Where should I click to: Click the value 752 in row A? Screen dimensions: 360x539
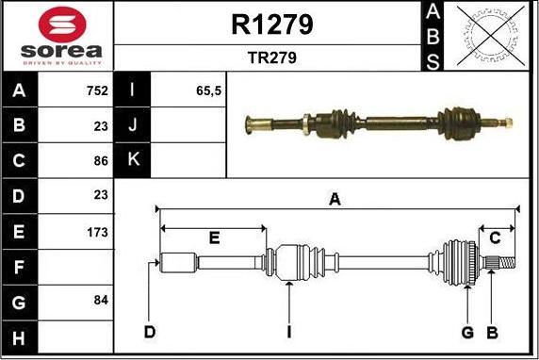pyautogui.click(x=95, y=92)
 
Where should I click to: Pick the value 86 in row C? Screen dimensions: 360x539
pyautogui.click(x=98, y=160)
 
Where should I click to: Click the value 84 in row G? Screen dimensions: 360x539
pyautogui.click(x=98, y=300)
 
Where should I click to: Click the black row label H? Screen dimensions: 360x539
pyautogui.click(x=20, y=336)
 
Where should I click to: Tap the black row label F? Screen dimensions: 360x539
pyautogui.click(x=20, y=267)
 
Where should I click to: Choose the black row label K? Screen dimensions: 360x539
pyautogui.click(x=131, y=160)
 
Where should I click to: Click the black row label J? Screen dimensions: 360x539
pyautogui.click(x=131, y=125)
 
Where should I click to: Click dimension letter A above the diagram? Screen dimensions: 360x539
pyautogui.click(x=334, y=199)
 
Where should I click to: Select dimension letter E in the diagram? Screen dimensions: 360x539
pyautogui.click(x=214, y=237)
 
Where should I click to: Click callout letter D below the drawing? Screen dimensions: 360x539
pyautogui.click(x=149, y=332)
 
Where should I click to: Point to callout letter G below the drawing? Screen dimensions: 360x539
pyautogui.click(x=466, y=332)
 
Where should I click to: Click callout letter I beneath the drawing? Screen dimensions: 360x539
pyautogui.click(x=290, y=332)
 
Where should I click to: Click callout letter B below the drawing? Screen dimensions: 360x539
pyautogui.click(x=491, y=332)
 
